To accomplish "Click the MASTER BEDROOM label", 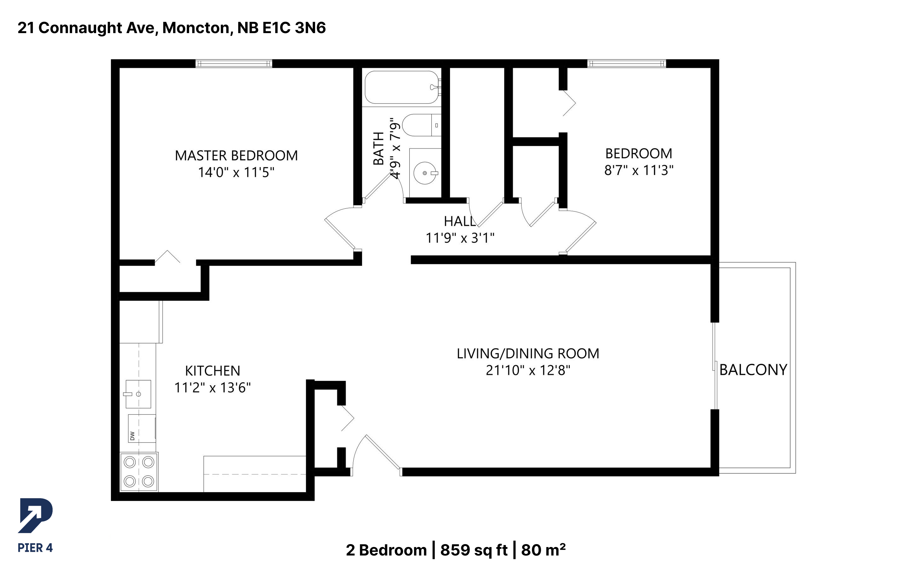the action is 236,155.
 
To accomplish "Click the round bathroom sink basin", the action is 425,173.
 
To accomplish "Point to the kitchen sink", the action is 138,394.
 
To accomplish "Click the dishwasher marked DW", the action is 141,428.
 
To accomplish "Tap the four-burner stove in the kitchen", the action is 139,472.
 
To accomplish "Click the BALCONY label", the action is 753,370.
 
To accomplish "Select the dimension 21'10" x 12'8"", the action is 528,370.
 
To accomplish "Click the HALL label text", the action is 459,221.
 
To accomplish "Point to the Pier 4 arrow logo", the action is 35,515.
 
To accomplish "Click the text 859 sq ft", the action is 474,550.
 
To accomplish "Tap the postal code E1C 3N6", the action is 294,28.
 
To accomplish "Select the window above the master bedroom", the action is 234,63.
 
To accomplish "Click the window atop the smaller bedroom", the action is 626,63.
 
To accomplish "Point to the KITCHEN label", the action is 212,371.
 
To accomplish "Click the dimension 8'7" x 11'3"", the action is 639,170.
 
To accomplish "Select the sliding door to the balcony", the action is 715,366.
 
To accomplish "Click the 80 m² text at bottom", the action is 543,550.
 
